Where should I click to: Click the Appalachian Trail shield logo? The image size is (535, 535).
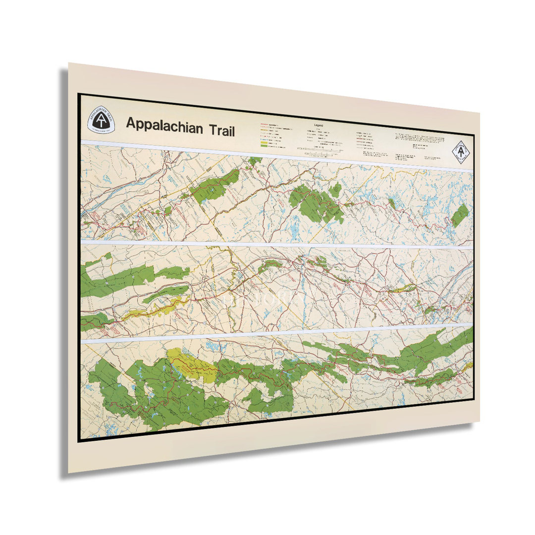click(101, 121)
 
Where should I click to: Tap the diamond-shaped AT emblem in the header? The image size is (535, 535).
click(461, 151)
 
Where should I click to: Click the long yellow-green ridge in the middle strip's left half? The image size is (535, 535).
click(154, 308)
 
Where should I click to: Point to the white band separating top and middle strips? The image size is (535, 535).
click(277, 245)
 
